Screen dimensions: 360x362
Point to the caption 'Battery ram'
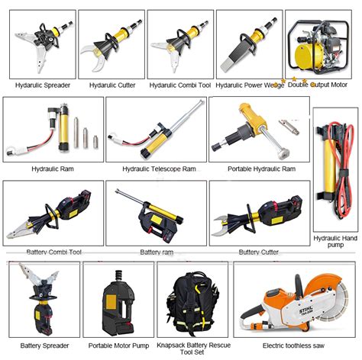(x=157, y=252)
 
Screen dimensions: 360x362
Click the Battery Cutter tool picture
(x=260, y=214)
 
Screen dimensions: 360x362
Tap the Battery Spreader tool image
(x=40, y=297)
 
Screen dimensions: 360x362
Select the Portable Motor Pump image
(x=117, y=301)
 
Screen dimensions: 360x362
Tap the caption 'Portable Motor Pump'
(x=117, y=345)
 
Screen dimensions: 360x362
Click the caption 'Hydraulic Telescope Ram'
(x=159, y=168)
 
